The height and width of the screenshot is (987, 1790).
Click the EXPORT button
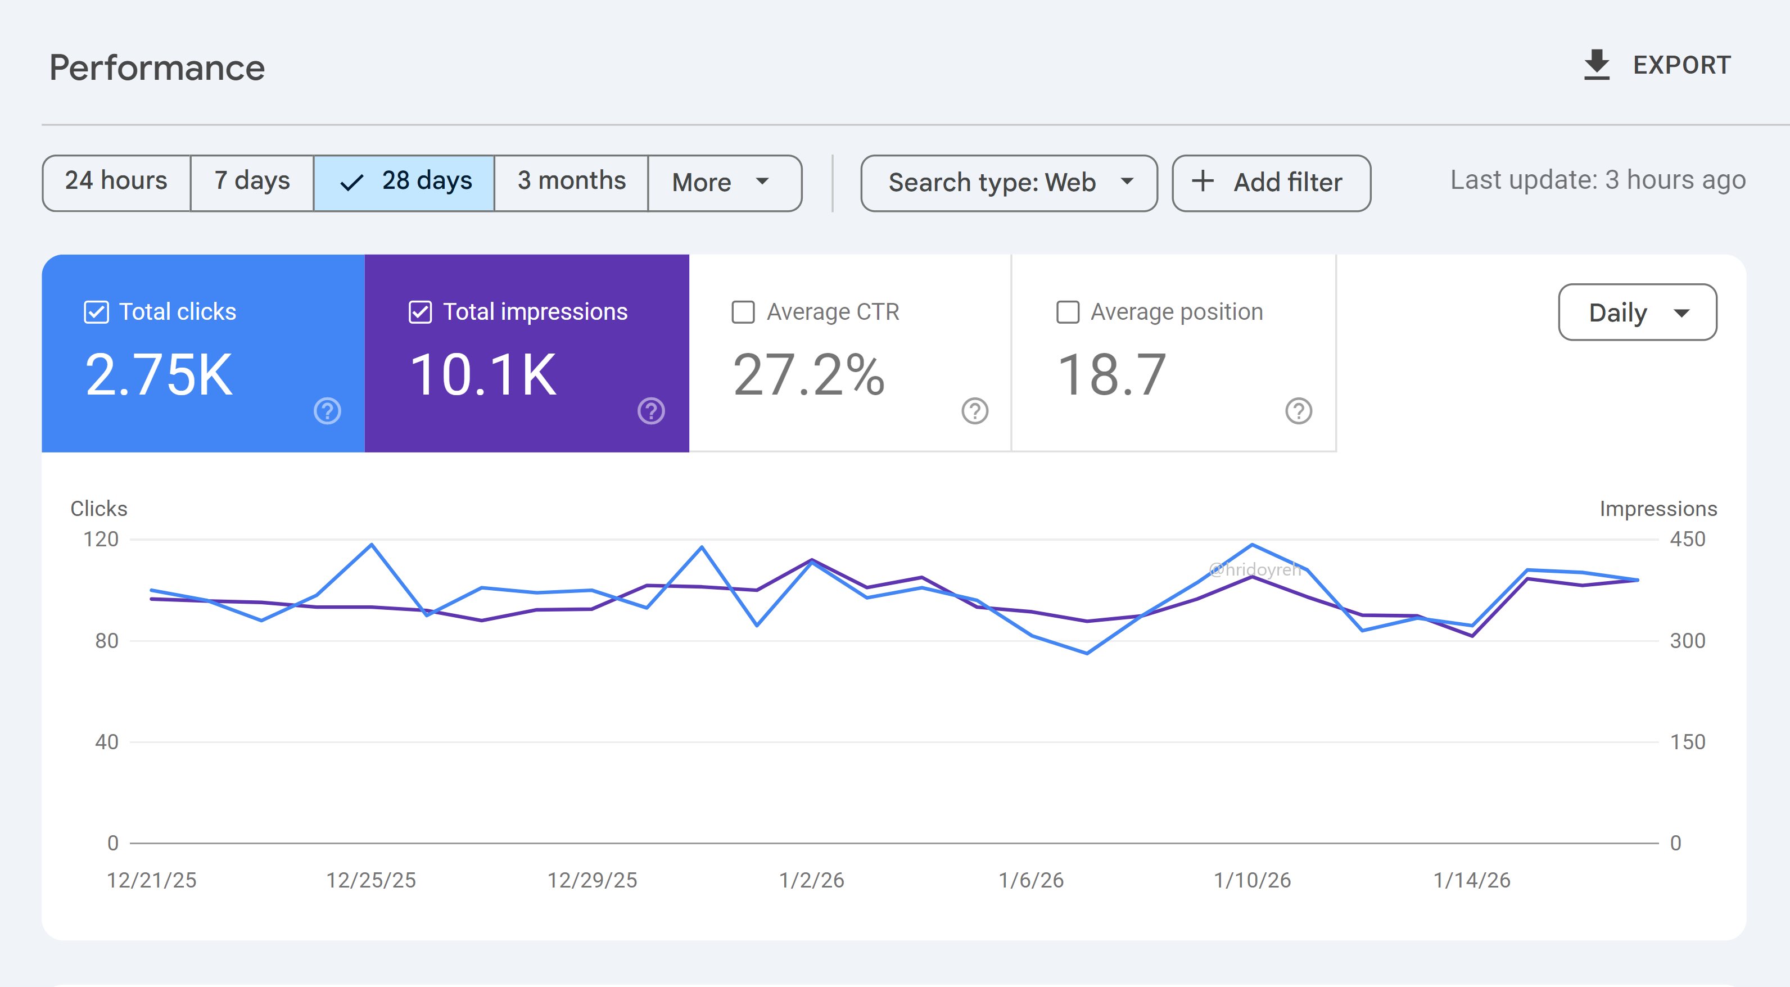(1657, 65)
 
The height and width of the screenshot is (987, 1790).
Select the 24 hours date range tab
(116, 182)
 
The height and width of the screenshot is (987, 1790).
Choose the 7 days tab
(251, 182)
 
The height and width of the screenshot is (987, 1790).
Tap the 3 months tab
(571, 182)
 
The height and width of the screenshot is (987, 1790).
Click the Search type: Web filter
(1008, 183)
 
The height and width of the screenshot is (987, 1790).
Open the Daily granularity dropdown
(1637, 313)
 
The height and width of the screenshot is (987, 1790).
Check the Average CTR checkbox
(743, 313)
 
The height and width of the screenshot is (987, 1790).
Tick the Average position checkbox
(1068, 313)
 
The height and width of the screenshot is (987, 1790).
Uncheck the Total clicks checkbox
(97, 313)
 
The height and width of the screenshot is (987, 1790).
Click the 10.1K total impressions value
(483, 375)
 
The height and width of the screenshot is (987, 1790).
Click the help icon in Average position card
(1298, 411)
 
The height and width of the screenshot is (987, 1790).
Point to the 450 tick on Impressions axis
(1687, 539)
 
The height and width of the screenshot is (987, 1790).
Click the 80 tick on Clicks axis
(106, 640)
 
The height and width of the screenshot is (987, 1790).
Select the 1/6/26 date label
(1030, 880)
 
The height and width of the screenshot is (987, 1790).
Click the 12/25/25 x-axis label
(371, 880)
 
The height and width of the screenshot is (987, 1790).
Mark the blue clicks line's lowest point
(1087, 653)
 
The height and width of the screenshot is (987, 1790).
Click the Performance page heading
(157, 68)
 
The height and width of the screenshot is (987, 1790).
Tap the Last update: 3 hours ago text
(1598, 180)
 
